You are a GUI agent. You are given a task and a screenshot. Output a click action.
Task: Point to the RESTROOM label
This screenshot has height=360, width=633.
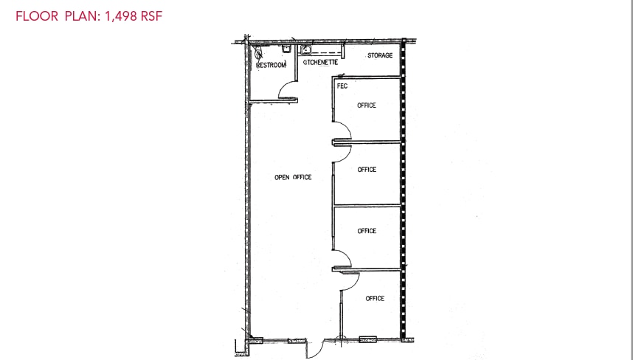pos(271,65)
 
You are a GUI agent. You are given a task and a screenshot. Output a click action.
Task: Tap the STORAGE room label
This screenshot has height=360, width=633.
pos(380,55)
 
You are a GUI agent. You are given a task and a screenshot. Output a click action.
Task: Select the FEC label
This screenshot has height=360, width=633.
pos(342,86)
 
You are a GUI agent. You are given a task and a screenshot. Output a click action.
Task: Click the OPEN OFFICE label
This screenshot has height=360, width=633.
pos(293,177)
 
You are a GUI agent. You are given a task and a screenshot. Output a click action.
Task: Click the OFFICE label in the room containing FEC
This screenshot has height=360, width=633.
pos(367,105)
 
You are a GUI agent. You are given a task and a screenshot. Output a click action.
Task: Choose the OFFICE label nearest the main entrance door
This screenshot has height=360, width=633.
pos(375,299)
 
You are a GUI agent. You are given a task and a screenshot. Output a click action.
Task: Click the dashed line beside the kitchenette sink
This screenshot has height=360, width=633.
pos(331,54)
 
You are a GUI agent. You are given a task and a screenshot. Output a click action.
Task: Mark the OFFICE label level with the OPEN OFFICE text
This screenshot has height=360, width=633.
pos(367,170)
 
